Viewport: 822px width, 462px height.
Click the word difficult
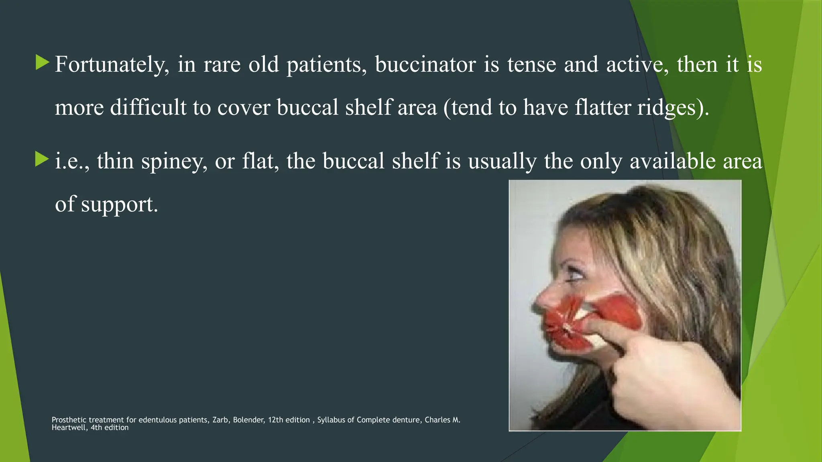(148, 107)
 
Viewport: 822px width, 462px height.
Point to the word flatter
(603, 107)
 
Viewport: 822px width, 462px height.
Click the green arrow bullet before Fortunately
(42, 63)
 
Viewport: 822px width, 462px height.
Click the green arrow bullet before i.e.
(42, 159)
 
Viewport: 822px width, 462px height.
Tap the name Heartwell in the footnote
(68, 428)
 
